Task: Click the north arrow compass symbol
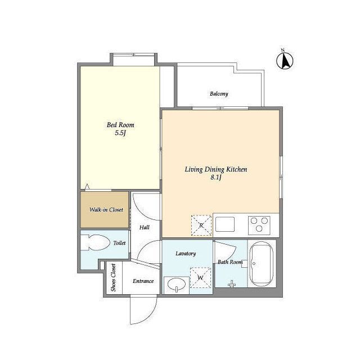(x=285, y=60)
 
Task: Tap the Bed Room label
(x=120, y=125)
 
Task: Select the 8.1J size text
(x=216, y=178)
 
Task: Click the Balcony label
(x=219, y=94)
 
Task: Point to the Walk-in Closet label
(x=106, y=210)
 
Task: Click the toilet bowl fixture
(x=95, y=242)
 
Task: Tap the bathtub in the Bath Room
(x=261, y=264)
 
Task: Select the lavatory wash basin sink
(x=176, y=285)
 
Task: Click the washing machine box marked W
(x=200, y=278)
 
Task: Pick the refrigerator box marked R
(x=201, y=225)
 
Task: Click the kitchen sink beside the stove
(x=225, y=224)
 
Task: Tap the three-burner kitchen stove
(x=259, y=225)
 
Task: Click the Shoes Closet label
(x=113, y=277)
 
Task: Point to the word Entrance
(x=143, y=281)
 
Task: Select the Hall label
(x=145, y=227)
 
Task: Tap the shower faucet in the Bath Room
(x=232, y=283)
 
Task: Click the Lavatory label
(x=186, y=254)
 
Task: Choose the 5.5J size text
(x=120, y=133)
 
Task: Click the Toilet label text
(x=119, y=243)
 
